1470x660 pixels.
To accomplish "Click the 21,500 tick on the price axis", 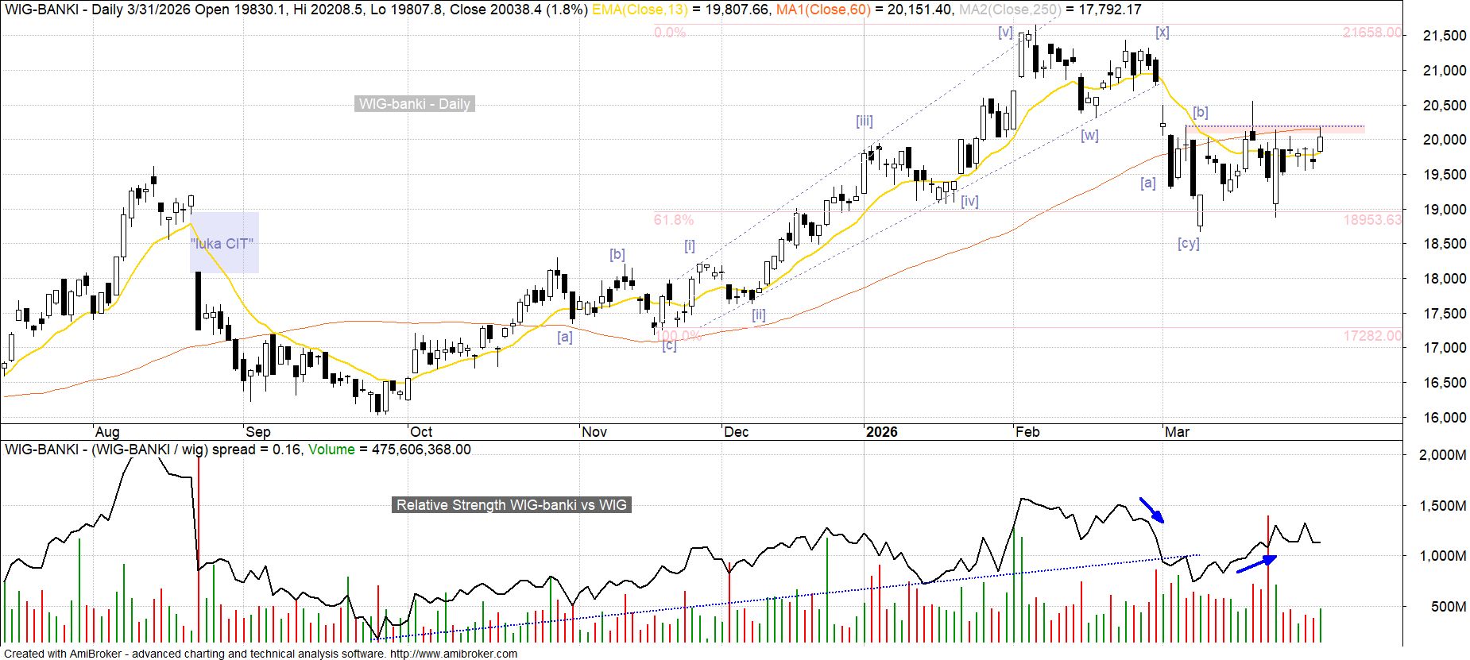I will pos(1444,36).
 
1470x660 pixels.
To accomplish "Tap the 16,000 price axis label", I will pos(1444,418).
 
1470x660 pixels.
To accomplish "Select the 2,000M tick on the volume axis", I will pos(1442,455).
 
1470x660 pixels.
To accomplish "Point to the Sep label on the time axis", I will pos(257,432).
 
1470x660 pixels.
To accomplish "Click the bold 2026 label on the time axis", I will pos(881,432).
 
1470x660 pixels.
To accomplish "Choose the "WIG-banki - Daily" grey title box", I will pos(414,104).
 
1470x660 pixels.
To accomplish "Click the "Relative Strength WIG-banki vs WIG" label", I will pos(511,505).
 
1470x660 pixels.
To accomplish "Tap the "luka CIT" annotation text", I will pos(223,244).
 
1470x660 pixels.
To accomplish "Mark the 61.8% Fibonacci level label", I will pos(673,220).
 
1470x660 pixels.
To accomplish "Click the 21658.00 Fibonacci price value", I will pos(1371,33).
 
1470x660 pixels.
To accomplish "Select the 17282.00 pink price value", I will pos(1372,336).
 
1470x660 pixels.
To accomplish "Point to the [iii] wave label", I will pos(864,121).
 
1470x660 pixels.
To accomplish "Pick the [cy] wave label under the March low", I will pos(1188,243).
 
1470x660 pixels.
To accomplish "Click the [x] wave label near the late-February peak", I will pos(1162,32).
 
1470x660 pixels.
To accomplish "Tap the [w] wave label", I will pos(1089,135).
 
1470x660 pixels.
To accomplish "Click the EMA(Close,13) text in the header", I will pos(640,10).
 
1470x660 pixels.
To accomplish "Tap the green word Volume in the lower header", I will pos(331,450).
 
